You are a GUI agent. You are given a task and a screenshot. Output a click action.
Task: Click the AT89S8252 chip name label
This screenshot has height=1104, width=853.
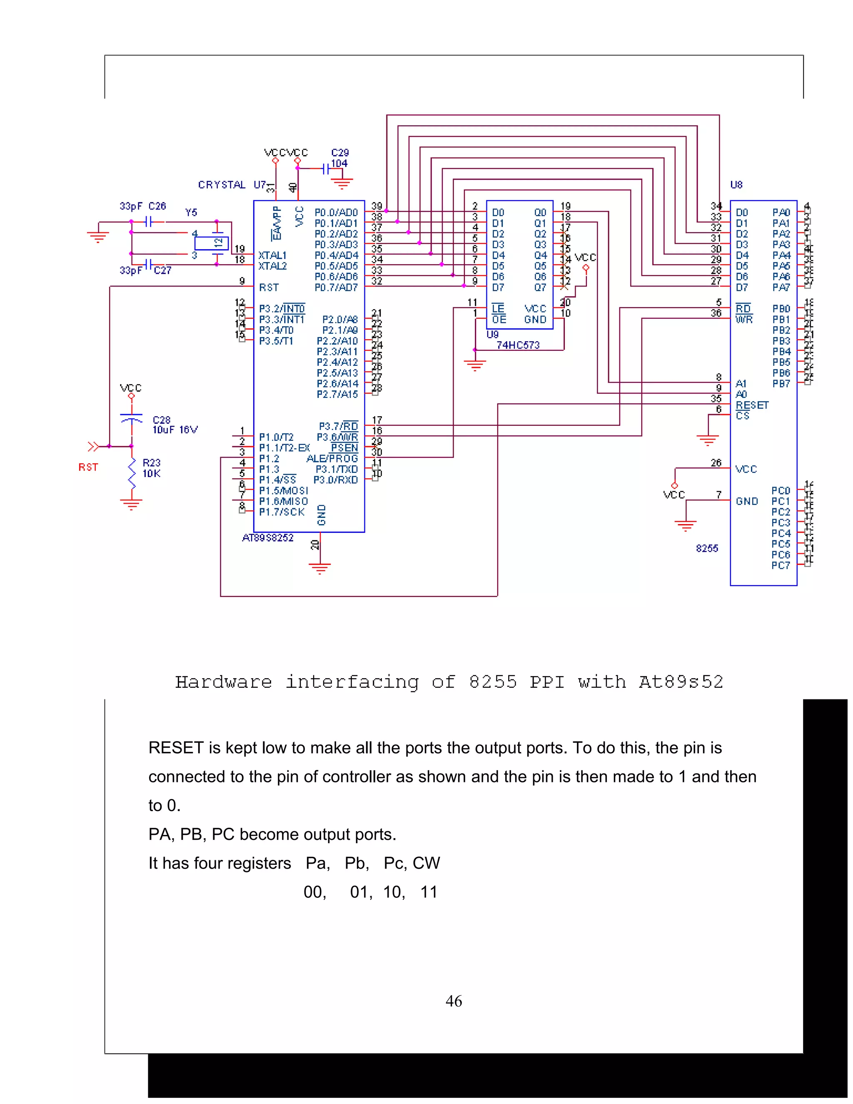(268, 538)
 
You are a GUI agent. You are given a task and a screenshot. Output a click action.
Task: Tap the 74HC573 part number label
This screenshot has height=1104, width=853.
(518, 345)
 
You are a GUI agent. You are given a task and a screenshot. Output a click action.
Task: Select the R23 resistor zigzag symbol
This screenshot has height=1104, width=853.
(132, 474)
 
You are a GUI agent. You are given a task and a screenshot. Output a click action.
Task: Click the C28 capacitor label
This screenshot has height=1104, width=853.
(162, 420)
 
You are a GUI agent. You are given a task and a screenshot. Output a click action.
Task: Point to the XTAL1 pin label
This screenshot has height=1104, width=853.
(272, 255)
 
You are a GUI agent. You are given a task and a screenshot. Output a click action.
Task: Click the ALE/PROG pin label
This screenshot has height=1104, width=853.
(332, 459)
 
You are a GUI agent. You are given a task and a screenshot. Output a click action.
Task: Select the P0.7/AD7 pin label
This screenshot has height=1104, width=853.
(336, 287)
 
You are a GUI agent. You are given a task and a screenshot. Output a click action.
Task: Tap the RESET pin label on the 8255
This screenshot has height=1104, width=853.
(752, 405)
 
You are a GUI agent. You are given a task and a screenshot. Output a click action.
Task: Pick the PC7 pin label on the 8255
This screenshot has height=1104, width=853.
(780, 566)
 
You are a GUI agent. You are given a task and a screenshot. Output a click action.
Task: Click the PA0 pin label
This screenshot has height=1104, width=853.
(781, 213)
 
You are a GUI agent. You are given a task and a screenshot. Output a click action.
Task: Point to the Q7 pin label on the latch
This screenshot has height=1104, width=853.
(540, 287)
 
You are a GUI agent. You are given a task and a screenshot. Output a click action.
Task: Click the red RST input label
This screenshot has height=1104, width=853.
(88, 467)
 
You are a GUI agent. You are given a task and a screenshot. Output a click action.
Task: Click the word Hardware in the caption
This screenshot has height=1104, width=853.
(223, 682)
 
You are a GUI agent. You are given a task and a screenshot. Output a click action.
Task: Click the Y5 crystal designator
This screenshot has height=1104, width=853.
(191, 213)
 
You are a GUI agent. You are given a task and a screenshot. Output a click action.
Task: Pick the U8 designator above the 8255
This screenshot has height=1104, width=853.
(736, 185)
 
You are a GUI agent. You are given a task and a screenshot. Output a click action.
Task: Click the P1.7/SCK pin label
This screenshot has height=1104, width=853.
(282, 512)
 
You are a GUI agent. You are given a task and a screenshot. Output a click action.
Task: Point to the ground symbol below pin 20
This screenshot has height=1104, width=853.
(320, 569)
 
